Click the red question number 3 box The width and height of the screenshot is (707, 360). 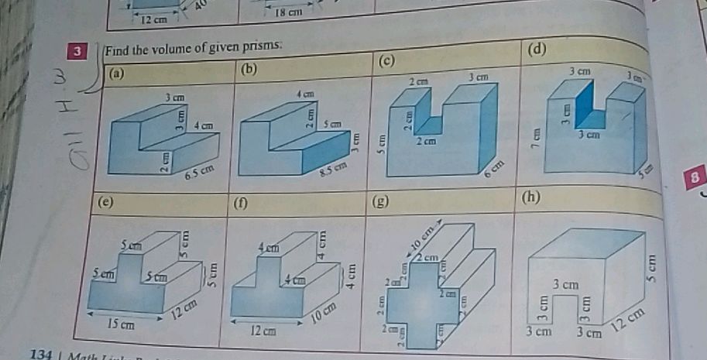77,53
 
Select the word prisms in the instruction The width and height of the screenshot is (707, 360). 263,46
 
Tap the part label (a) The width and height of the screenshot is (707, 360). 117,74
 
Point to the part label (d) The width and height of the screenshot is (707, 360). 537,50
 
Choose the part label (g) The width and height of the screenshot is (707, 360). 379,202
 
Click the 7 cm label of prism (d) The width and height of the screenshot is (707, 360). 534,137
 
